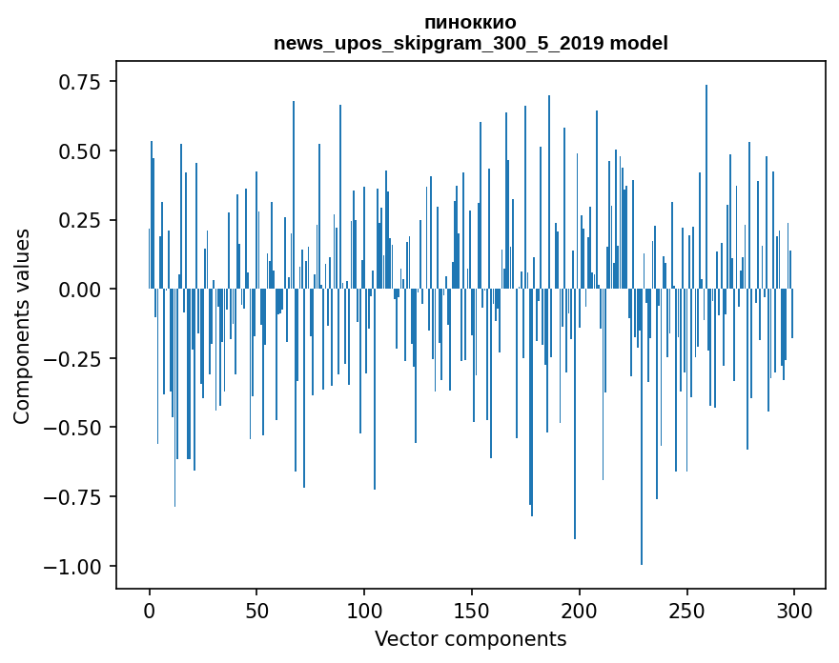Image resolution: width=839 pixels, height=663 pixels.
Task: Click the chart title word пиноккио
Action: (x=470, y=23)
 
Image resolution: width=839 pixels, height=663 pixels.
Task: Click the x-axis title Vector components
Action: (x=470, y=638)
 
